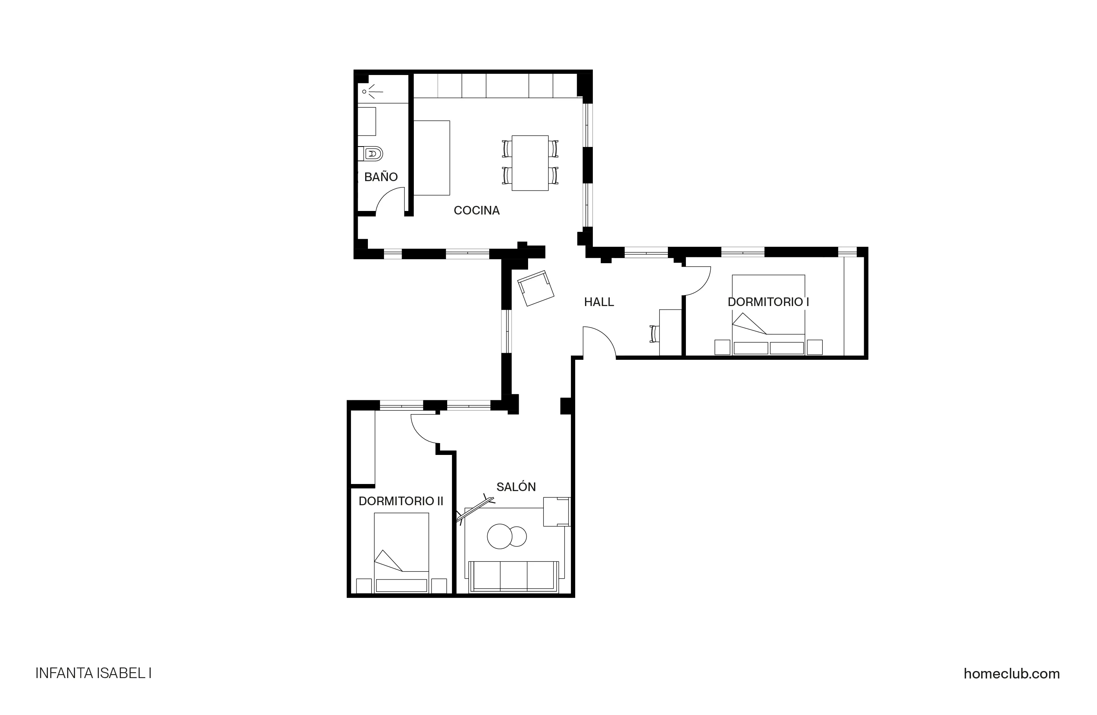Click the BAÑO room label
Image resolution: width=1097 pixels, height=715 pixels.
click(x=381, y=177)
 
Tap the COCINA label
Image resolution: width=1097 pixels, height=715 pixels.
click(x=477, y=210)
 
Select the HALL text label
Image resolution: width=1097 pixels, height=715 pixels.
click(x=599, y=302)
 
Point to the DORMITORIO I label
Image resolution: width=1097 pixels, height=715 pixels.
click(x=768, y=302)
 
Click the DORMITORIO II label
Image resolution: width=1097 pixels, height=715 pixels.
click(x=400, y=501)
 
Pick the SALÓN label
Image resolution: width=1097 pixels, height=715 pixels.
click(x=516, y=487)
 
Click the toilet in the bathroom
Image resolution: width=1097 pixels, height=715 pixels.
click(x=373, y=154)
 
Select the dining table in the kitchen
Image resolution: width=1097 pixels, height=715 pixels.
click(x=530, y=163)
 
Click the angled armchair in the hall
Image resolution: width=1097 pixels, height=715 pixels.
click(x=536, y=288)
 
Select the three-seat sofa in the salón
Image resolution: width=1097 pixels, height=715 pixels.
click(x=514, y=576)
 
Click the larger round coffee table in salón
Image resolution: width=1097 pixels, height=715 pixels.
click(x=500, y=537)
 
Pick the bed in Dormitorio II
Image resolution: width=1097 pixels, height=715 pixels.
click(x=402, y=554)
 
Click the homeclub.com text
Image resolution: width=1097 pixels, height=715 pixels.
click(x=1011, y=674)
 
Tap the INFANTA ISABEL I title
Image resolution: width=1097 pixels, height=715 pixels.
click(x=93, y=674)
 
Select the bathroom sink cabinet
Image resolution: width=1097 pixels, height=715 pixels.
click(x=367, y=121)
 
